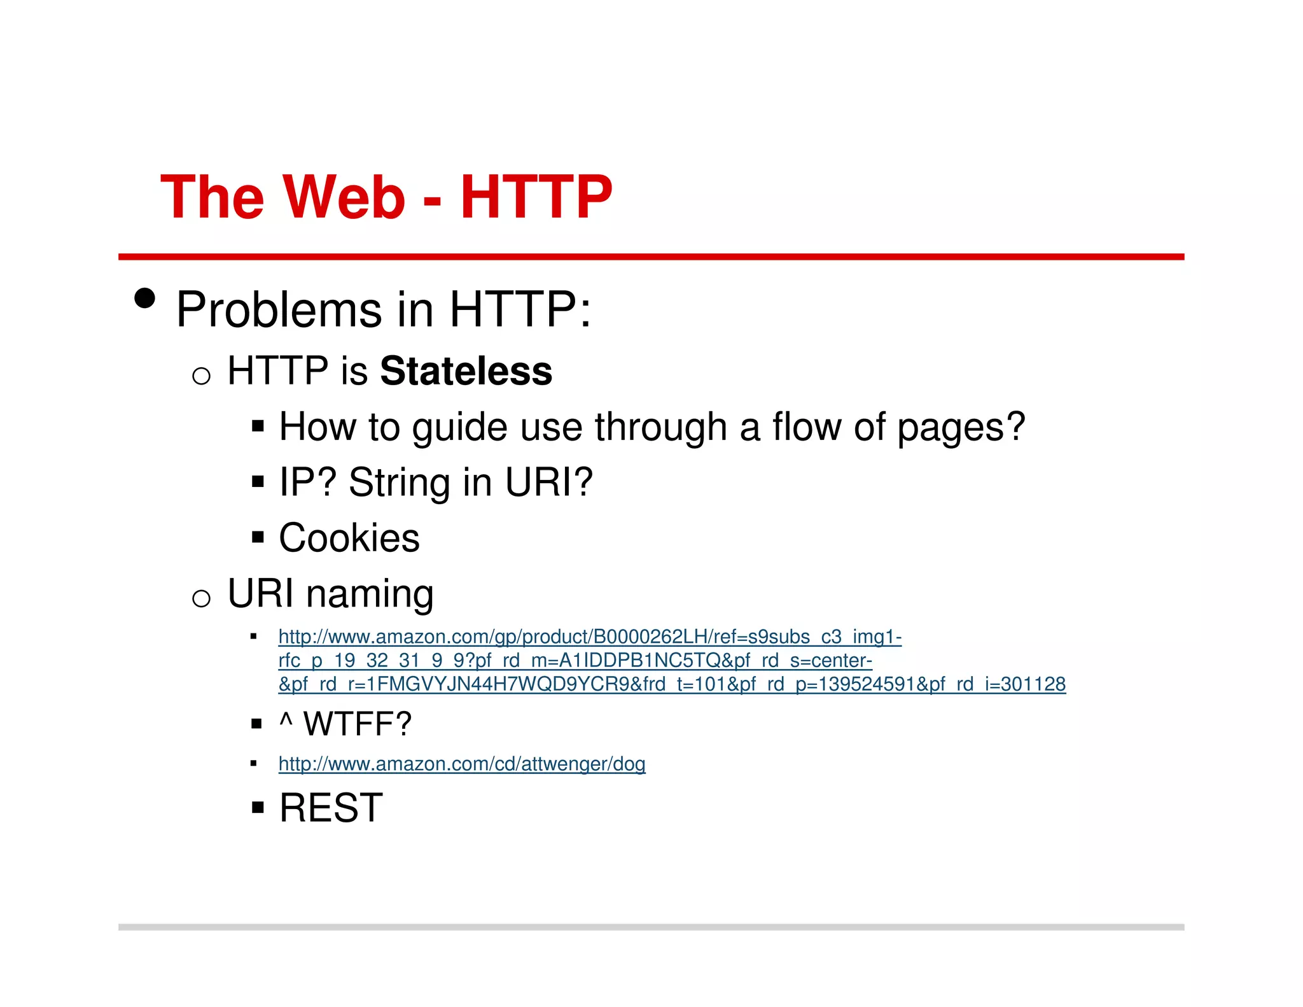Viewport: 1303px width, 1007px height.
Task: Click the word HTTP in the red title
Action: click(x=536, y=197)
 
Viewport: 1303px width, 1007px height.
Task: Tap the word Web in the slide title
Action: click(x=344, y=197)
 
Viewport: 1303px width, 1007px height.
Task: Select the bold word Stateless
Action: click(x=466, y=371)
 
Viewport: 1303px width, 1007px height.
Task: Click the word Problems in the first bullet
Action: click(x=279, y=310)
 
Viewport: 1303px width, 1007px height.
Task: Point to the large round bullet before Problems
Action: click(x=145, y=298)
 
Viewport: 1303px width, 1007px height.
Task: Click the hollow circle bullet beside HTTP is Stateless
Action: click(x=201, y=376)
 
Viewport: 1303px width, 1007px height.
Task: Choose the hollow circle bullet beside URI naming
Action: click(x=201, y=598)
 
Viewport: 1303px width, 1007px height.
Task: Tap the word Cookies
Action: click(x=349, y=538)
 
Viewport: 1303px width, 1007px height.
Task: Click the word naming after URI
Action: click(x=370, y=594)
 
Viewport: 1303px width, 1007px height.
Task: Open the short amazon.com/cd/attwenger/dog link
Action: click(x=462, y=763)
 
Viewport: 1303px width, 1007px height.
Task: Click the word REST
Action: click(x=331, y=808)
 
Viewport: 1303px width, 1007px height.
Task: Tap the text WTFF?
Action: click(x=358, y=724)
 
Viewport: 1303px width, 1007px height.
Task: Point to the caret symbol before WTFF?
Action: click(x=286, y=721)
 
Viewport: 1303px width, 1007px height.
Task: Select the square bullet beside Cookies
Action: click(x=257, y=538)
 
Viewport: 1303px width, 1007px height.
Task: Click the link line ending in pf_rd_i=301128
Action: click(x=672, y=684)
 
